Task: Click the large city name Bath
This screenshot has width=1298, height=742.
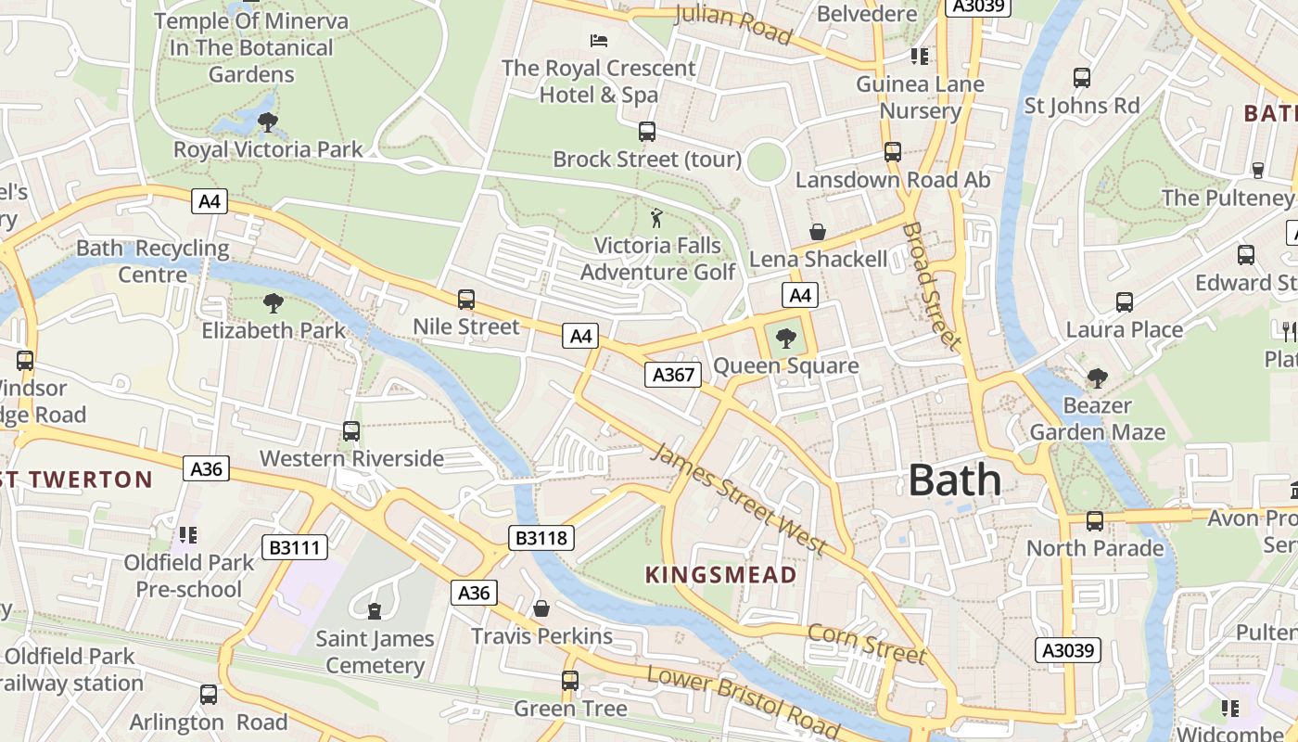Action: click(955, 480)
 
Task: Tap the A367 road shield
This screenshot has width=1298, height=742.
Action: click(672, 375)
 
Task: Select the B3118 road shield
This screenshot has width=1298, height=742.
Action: click(541, 538)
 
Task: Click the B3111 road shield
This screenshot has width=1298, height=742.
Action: click(295, 547)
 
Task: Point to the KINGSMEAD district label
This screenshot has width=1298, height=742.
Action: click(720, 575)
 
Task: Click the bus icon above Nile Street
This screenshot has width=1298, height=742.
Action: click(466, 300)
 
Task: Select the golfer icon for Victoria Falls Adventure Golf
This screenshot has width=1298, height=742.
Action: click(657, 219)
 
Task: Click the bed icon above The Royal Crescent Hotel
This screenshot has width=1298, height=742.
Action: click(599, 41)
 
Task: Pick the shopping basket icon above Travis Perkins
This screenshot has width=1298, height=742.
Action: click(541, 608)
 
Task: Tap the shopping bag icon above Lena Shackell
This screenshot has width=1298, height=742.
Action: click(818, 232)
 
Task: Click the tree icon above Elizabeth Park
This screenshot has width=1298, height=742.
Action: click(273, 302)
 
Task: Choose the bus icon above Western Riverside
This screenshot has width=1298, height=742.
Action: click(351, 431)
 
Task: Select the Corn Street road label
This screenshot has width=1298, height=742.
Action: click(867, 643)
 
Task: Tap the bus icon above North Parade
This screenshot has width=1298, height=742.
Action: click(1095, 521)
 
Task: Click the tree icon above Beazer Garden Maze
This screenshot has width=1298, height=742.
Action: click(1098, 378)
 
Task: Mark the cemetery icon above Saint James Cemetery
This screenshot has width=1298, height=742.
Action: click(374, 610)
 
